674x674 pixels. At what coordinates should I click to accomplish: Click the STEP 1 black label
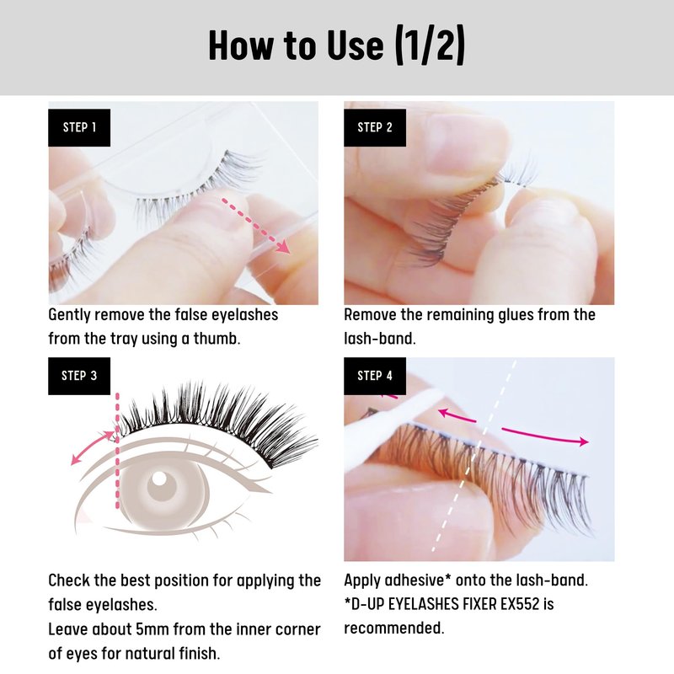click(x=79, y=128)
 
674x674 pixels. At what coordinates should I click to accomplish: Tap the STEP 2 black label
click(x=375, y=128)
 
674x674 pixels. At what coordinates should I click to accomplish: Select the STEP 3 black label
click(x=79, y=376)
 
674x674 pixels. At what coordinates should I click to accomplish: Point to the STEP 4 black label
click(x=375, y=376)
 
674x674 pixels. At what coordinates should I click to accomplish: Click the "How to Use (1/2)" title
click(x=336, y=45)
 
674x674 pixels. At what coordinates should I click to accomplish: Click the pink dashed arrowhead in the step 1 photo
click(x=283, y=247)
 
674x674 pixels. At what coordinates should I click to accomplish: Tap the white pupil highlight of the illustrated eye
click(x=159, y=478)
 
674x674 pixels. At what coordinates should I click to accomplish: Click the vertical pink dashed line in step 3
click(x=117, y=451)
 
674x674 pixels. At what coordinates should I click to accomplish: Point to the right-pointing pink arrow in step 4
click(x=545, y=436)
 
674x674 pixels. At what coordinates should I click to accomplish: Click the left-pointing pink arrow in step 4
click(x=457, y=415)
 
